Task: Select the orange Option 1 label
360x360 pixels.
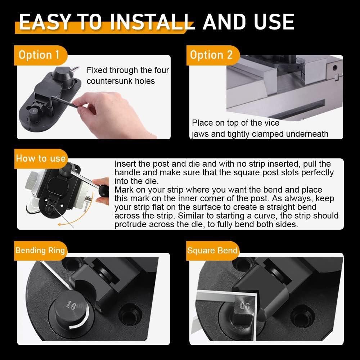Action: pos(39,55)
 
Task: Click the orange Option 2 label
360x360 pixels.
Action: pos(211,55)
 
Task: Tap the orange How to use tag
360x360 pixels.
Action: pos(40,158)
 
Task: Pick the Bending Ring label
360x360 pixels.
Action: pos(40,250)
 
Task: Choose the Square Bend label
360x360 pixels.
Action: pos(212,251)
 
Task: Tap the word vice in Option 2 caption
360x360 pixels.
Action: pos(271,123)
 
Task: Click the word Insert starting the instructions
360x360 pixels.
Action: pos(124,163)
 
